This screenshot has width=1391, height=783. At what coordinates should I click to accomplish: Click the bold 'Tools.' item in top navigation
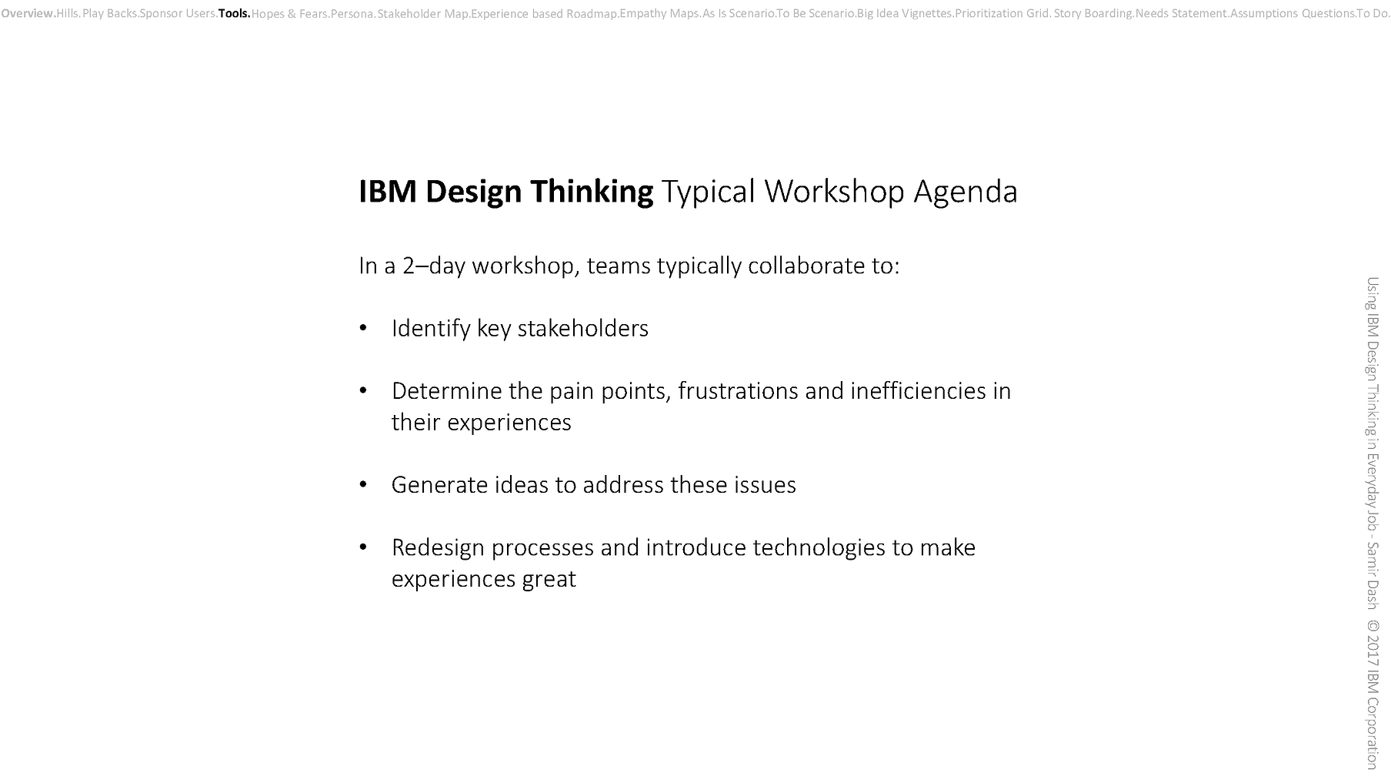(x=234, y=13)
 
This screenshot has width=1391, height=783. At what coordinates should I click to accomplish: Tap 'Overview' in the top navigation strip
(x=27, y=13)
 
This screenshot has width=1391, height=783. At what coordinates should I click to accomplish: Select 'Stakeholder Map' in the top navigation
(x=422, y=13)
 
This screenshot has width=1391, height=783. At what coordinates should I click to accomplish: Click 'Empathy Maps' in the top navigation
(x=659, y=13)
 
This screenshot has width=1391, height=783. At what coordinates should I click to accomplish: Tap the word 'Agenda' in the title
(x=965, y=192)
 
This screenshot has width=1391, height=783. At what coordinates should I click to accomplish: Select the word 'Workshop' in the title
(x=833, y=192)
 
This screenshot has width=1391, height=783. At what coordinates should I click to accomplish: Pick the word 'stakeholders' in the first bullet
(x=582, y=329)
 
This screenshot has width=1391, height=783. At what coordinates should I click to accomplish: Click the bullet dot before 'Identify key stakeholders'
(x=363, y=329)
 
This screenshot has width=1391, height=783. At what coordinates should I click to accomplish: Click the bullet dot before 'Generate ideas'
(x=363, y=485)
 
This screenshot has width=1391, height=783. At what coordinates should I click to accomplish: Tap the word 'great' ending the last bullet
(x=549, y=579)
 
